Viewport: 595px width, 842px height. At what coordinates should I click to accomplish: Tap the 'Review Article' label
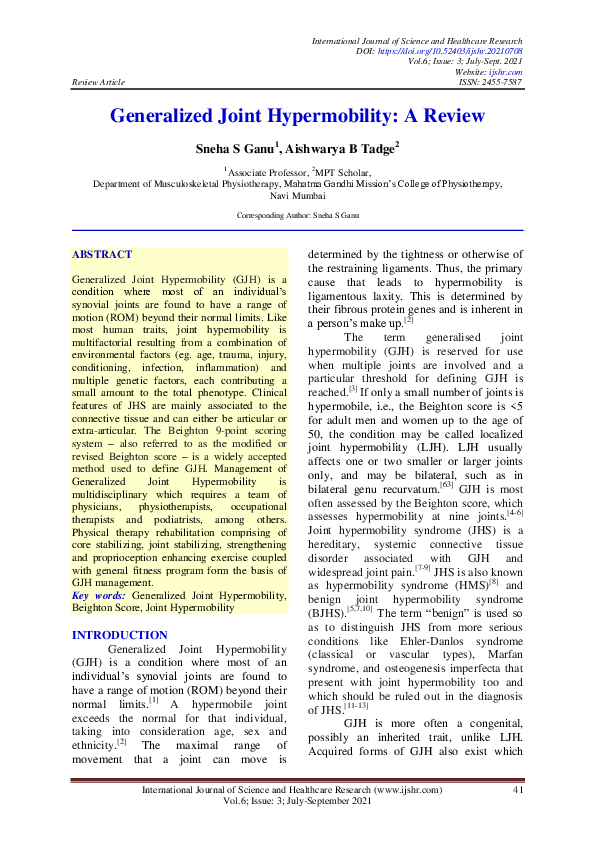pos(98,82)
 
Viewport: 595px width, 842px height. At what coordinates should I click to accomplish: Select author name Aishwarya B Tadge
pos(342,148)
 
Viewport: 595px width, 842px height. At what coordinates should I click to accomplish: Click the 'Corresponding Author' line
pos(297,215)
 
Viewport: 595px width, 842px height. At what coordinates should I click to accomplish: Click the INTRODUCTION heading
pos(120,607)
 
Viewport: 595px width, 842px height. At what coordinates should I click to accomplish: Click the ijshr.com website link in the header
pos(507,72)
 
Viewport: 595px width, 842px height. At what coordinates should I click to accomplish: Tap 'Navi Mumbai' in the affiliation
pos(297,197)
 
